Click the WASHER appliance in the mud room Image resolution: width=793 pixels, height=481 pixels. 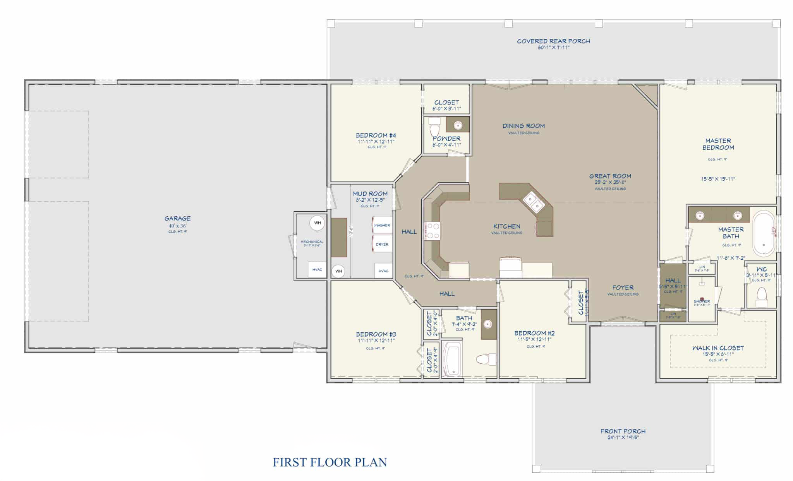(x=382, y=225)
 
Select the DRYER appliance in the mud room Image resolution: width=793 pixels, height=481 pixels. (x=382, y=244)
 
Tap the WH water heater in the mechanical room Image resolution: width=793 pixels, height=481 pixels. (x=317, y=223)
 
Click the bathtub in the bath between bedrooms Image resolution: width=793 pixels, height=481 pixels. (x=452, y=358)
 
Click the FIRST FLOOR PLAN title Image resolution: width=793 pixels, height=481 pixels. (x=330, y=462)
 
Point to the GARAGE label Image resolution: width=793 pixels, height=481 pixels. (x=177, y=219)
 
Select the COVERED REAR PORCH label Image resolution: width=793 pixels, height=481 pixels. (x=553, y=41)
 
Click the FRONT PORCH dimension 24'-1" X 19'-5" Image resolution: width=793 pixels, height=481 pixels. (x=623, y=438)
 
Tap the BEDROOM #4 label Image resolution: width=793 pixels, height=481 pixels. (x=376, y=135)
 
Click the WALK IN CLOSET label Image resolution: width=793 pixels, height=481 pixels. (x=718, y=348)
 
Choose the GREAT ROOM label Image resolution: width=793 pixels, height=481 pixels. (x=610, y=176)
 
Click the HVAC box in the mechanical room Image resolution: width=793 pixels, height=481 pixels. (x=317, y=269)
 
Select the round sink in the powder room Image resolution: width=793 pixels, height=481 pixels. (x=458, y=125)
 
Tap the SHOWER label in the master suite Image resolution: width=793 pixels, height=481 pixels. (x=702, y=301)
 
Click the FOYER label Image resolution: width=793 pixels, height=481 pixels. (x=623, y=288)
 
